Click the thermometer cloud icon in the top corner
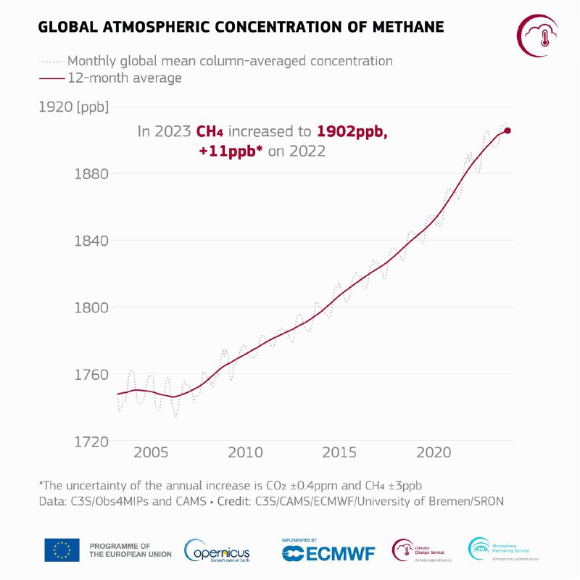(x=537, y=35)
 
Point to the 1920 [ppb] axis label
(x=73, y=107)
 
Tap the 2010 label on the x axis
(x=245, y=453)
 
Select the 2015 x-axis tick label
(x=339, y=453)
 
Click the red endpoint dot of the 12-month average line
(x=507, y=130)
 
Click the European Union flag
(x=62, y=550)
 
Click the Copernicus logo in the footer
(x=218, y=550)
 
